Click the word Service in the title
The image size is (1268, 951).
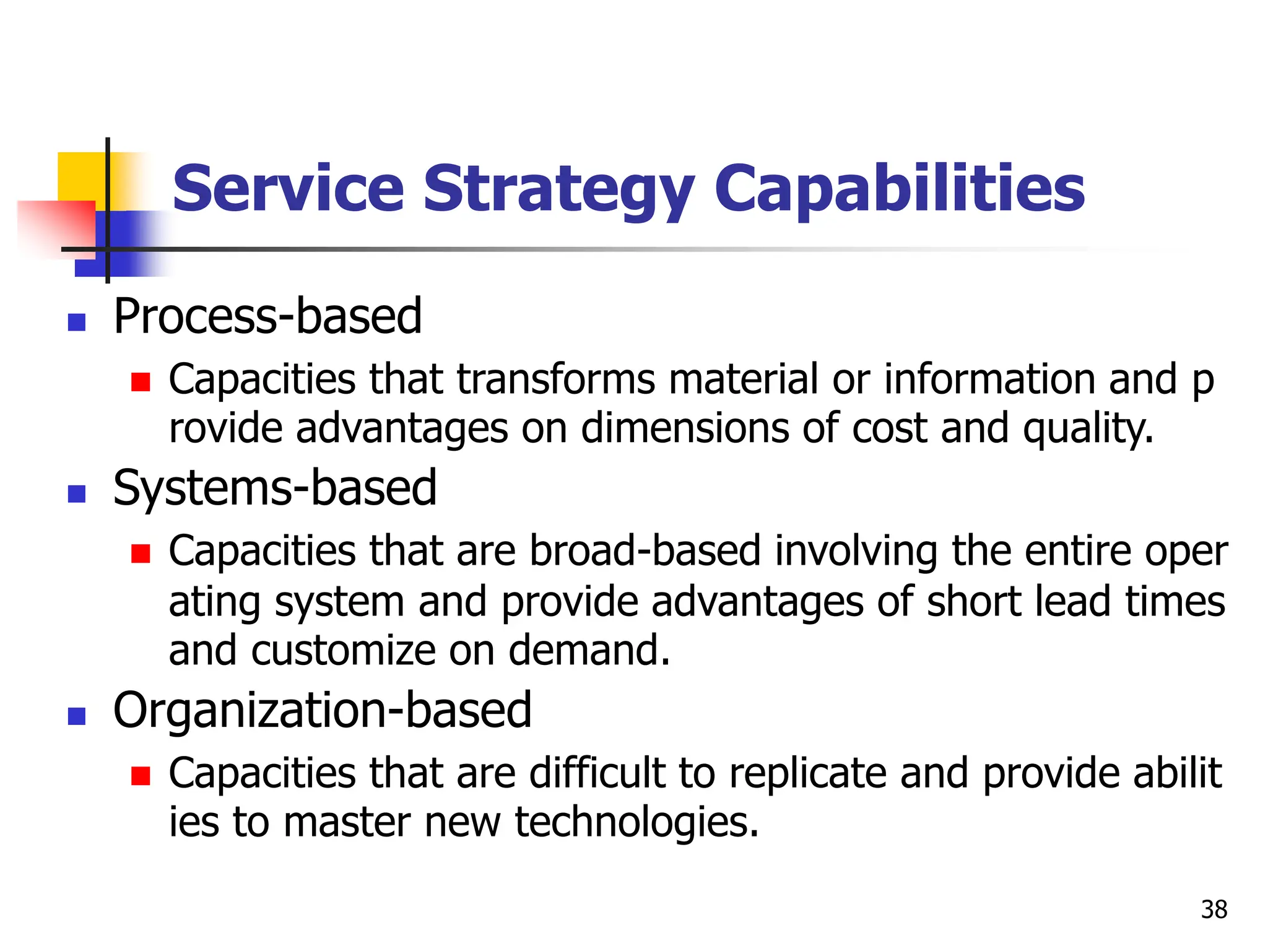pyautogui.click(x=288, y=189)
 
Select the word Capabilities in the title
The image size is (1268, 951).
pyautogui.click(x=899, y=189)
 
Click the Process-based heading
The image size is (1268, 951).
pyautogui.click(x=267, y=317)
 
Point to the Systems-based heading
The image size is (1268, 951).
pyautogui.click(x=275, y=489)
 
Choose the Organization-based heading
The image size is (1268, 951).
pyautogui.click(x=322, y=711)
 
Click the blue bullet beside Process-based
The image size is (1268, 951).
pyautogui.click(x=77, y=322)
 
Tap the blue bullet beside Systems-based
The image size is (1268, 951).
pyautogui.click(x=77, y=493)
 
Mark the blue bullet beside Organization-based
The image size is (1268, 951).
pyautogui.click(x=77, y=716)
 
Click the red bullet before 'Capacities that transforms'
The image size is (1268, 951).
pyautogui.click(x=141, y=382)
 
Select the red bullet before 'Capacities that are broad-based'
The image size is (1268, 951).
pyautogui.click(x=141, y=553)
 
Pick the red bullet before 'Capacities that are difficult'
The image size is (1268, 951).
pyautogui.click(x=141, y=775)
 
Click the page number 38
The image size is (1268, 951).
pyautogui.click(x=1214, y=910)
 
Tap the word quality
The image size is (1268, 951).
pyautogui.click(x=1088, y=428)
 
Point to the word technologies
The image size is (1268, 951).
pyautogui.click(x=636, y=823)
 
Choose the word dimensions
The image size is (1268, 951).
pyautogui.click(x=684, y=428)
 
